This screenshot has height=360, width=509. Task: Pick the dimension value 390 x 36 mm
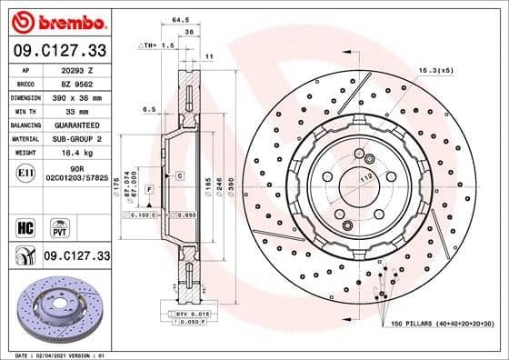[76, 95]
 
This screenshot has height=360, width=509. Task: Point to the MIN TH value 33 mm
[75, 109]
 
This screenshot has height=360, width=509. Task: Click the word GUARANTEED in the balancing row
[75, 124]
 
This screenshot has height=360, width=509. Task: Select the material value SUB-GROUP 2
[75, 138]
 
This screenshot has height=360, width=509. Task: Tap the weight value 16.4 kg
[75, 153]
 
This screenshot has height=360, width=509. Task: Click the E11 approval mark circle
[25, 172]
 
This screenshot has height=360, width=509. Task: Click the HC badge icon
[25, 225]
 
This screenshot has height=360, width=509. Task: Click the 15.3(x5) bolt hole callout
[436, 69]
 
